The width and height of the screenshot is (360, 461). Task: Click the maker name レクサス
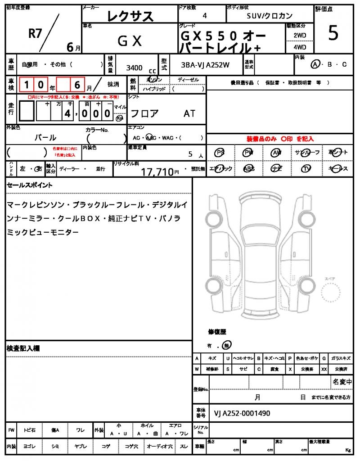(130, 16)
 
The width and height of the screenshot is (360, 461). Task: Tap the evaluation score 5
(333, 34)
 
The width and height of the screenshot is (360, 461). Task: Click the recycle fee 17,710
(157, 171)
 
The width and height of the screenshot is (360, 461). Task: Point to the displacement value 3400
(134, 68)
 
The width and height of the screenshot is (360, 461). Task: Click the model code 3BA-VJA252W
(205, 65)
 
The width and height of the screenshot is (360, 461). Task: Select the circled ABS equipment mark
(248, 168)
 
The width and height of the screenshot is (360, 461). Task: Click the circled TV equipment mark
(306, 168)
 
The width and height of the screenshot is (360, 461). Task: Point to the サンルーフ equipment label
(307, 153)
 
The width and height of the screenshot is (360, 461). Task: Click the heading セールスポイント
(29, 185)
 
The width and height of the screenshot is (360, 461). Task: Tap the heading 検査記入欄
(23, 348)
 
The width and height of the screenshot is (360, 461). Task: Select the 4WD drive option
(300, 47)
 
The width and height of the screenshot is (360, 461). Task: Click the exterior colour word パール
(45, 137)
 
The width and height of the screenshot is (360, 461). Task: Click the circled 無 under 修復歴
(227, 346)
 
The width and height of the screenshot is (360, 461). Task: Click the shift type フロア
(144, 113)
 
